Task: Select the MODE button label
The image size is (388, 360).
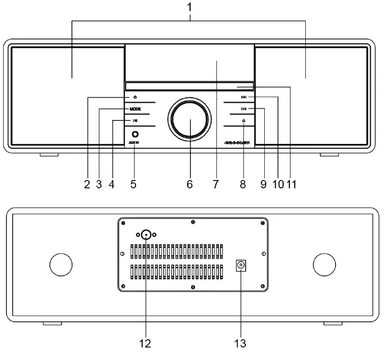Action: click(x=135, y=109)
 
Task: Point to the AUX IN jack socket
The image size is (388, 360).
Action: click(x=134, y=133)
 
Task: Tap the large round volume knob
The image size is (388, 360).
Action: click(x=190, y=119)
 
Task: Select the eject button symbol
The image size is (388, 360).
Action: click(x=243, y=121)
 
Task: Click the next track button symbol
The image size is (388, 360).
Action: click(x=243, y=109)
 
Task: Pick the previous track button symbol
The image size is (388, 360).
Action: click(x=243, y=97)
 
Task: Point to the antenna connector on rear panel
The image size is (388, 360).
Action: click(x=146, y=234)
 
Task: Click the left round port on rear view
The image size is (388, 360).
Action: click(x=61, y=264)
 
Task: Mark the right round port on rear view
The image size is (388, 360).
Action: click(x=324, y=264)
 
